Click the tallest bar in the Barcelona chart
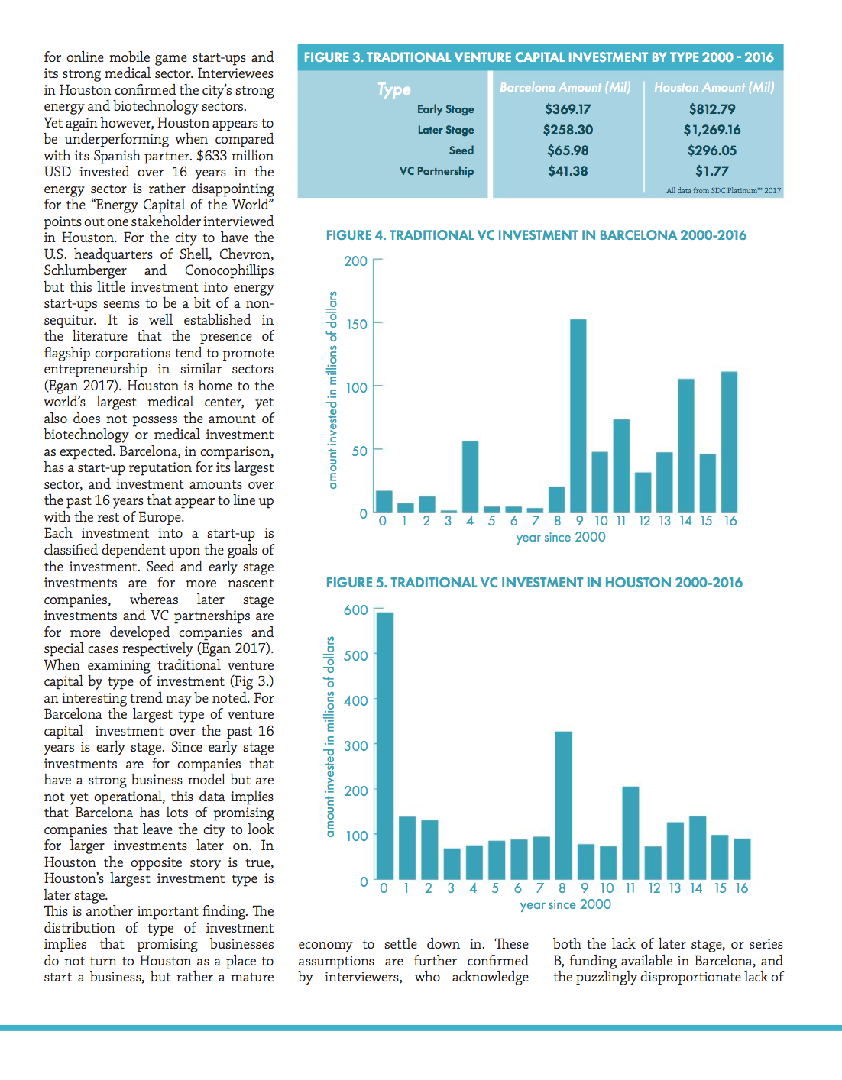coord(578,416)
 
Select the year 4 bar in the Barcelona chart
coord(470,477)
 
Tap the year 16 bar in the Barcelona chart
coord(729,441)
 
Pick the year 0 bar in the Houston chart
coord(385,746)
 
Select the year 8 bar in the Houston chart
coord(563,806)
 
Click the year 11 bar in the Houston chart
coord(630,833)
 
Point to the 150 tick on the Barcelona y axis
coord(356,324)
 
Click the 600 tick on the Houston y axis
coord(356,610)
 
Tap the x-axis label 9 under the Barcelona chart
coord(580,521)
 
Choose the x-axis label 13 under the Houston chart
coord(675,888)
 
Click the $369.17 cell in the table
coord(568,109)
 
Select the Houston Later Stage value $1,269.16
coord(712,130)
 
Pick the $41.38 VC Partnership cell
coord(568,171)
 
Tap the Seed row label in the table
coord(461,150)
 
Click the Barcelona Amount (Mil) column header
coord(565,88)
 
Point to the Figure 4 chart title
coord(536,235)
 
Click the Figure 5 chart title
coord(534,583)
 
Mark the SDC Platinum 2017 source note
coord(724,190)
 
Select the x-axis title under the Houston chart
coord(565,904)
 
